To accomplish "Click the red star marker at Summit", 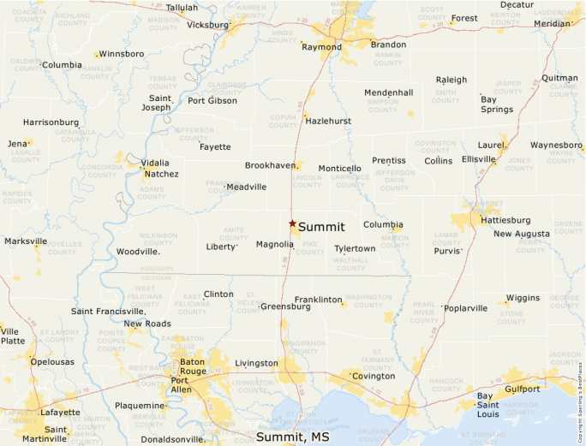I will (x=292, y=223).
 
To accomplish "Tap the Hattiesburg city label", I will (x=505, y=220).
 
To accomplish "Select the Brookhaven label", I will (x=270, y=165).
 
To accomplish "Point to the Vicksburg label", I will (x=207, y=25).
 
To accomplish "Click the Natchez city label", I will (x=161, y=174).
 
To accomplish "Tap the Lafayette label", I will (x=60, y=412).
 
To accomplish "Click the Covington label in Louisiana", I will (x=374, y=376).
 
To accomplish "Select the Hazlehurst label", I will (x=328, y=121).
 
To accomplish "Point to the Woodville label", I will (x=138, y=252).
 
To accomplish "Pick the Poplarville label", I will (x=466, y=308).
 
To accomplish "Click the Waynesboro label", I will (x=556, y=145).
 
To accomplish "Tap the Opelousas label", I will (x=53, y=362).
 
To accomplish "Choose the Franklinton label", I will (x=318, y=300).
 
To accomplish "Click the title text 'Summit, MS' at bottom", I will (x=293, y=437).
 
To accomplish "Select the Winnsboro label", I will (x=122, y=54).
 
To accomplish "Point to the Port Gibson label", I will (x=212, y=100).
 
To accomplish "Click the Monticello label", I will (x=339, y=169).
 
